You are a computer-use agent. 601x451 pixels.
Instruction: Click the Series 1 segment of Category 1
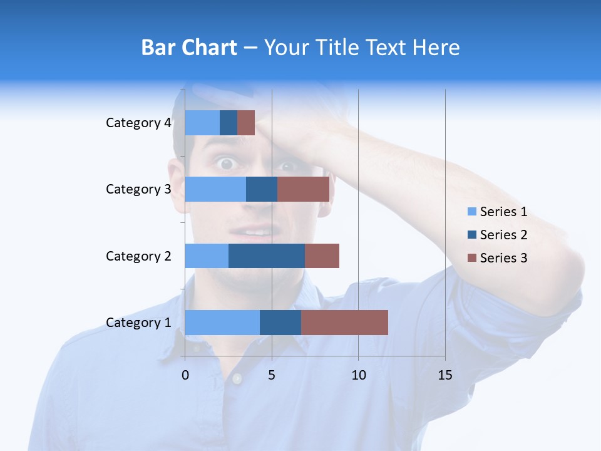[222, 323]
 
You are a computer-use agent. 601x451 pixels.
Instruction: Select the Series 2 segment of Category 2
[267, 256]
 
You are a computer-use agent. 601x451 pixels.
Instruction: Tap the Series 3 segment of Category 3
[303, 189]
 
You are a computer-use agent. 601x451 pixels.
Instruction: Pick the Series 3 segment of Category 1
[344, 323]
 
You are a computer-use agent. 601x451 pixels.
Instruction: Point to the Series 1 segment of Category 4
[202, 123]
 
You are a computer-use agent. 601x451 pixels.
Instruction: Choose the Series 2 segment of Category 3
[262, 189]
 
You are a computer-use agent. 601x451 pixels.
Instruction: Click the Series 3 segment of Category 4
[246, 123]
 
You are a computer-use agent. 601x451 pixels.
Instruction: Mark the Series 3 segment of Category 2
[322, 256]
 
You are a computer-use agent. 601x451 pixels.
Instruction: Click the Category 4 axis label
[138, 123]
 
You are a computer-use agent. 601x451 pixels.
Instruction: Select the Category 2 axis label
[138, 256]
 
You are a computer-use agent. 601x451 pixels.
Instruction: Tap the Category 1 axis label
[138, 323]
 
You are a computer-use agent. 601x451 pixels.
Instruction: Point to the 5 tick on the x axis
[272, 375]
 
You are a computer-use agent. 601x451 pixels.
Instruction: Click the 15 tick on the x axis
[445, 375]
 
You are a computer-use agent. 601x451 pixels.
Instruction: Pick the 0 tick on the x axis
[185, 375]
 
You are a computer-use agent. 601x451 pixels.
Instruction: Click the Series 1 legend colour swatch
[471, 212]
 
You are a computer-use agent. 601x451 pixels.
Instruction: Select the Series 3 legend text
[503, 258]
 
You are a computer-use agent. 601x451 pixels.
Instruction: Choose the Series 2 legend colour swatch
[471, 235]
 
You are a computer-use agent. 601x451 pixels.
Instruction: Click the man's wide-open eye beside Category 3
[225, 164]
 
